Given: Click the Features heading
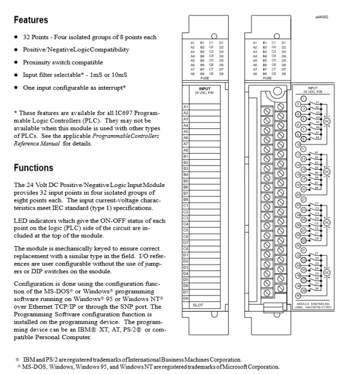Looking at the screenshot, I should click(x=32, y=20).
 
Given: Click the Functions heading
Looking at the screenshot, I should click(x=34, y=168).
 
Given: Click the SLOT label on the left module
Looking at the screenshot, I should click(x=198, y=304).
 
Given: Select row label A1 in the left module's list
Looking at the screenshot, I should click(x=186, y=106).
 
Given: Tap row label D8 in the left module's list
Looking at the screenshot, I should click(x=186, y=298).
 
